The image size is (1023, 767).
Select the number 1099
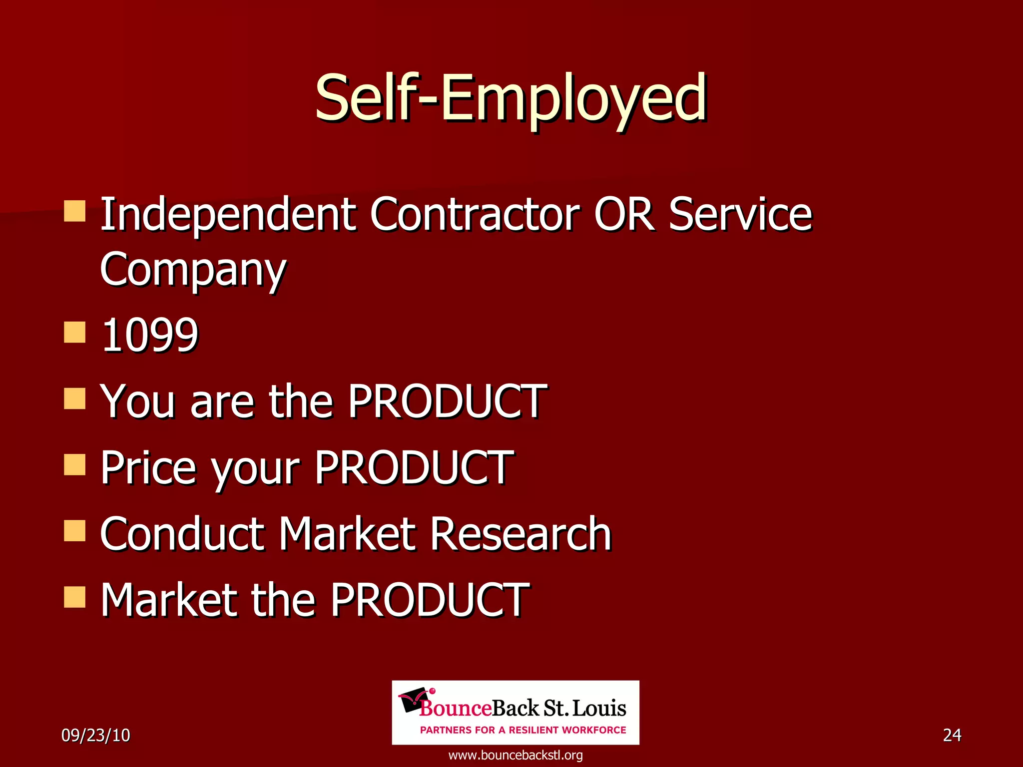149,335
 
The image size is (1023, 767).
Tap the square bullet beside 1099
75,333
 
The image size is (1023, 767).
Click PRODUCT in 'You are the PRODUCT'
447,401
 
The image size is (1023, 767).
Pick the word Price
148,468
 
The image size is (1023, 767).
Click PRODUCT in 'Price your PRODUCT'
414,468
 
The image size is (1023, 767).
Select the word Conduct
182,534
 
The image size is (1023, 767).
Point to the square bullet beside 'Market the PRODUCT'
75,597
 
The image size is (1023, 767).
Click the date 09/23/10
95,736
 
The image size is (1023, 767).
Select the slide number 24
952,735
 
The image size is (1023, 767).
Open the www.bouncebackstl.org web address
515,755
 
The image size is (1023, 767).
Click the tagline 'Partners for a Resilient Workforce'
523,730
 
